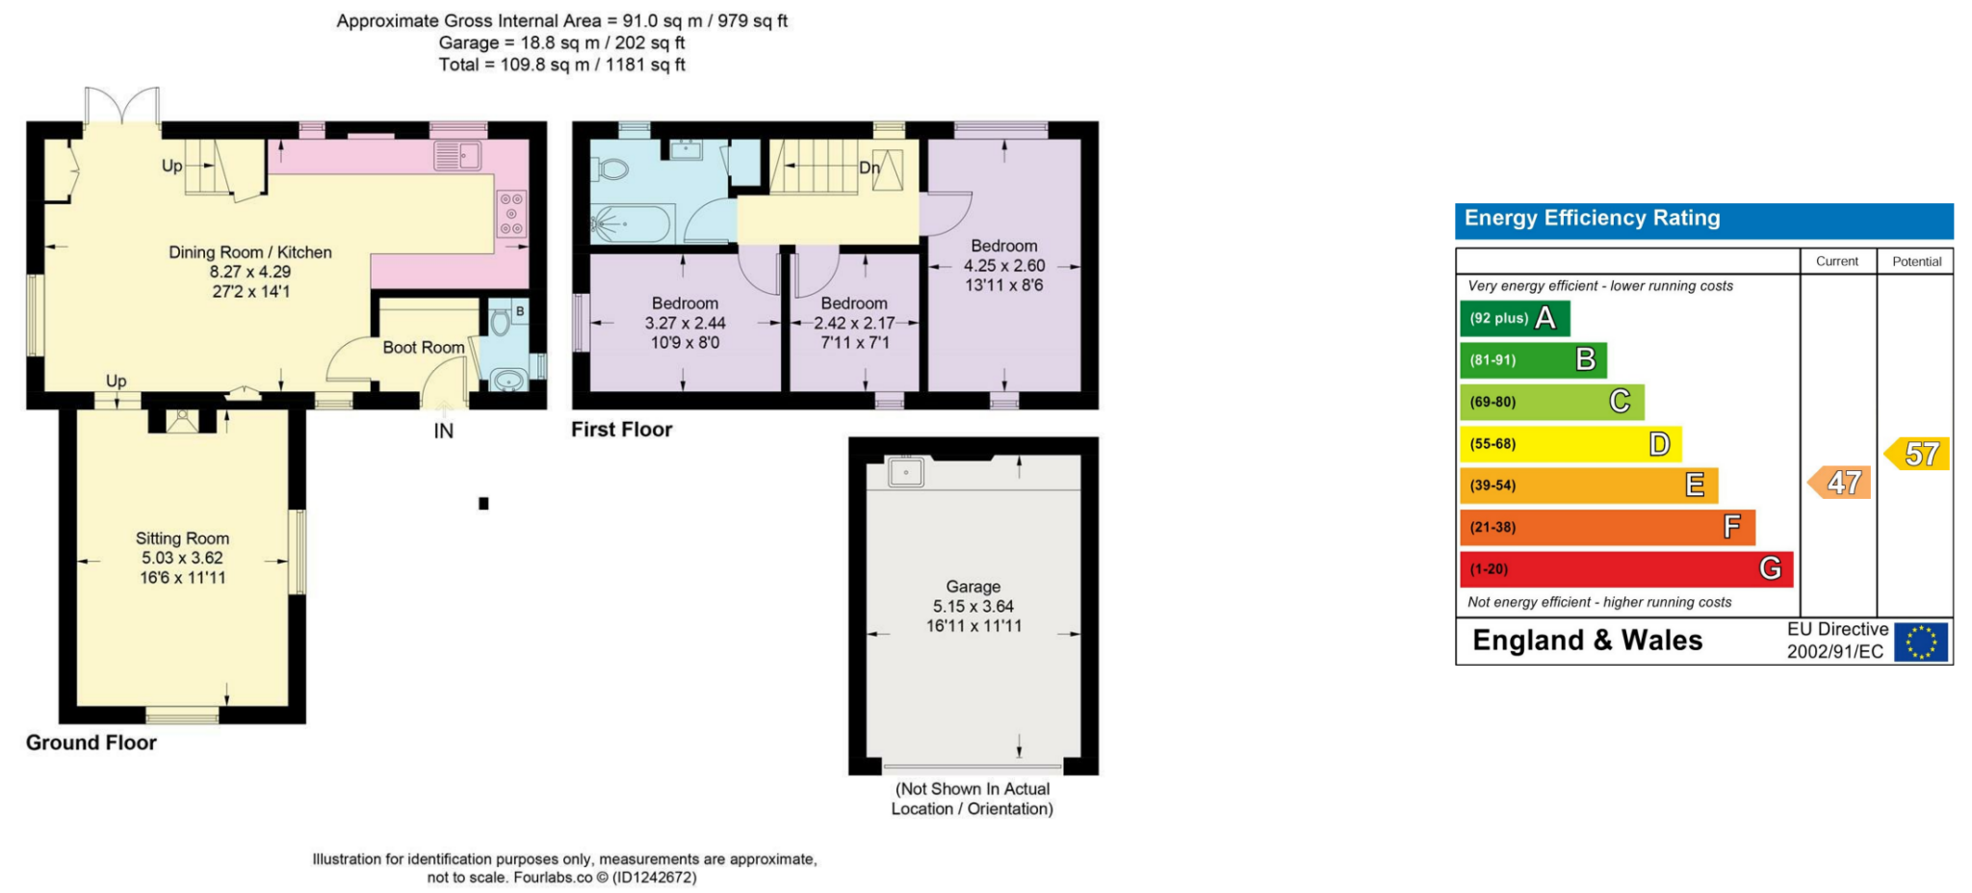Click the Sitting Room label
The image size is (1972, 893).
click(x=182, y=538)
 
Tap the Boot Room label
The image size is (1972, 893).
click(x=424, y=348)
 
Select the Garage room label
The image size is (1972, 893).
click(x=973, y=587)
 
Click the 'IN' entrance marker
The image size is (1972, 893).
click(x=443, y=432)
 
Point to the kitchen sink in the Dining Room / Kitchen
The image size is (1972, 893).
click(x=457, y=154)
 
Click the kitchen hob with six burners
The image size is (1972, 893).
click(x=511, y=214)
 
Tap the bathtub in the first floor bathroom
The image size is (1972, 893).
click(x=632, y=223)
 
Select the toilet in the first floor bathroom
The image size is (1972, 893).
click(x=610, y=171)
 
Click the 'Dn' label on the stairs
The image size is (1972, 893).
click(x=869, y=168)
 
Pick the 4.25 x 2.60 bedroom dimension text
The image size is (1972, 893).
click(x=1004, y=266)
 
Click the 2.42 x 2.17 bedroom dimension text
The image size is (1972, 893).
click(x=854, y=324)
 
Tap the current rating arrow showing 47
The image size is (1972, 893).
click(x=1839, y=483)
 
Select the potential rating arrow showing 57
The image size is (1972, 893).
click(x=1917, y=454)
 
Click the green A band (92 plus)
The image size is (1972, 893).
click(x=1515, y=318)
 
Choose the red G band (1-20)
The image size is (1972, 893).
click(x=1626, y=568)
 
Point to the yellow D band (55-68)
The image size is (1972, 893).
click(x=1570, y=444)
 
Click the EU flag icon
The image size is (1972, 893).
click(x=1921, y=642)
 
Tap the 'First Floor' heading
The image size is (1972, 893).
click(x=622, y=430)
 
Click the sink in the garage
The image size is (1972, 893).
click(x=906, y=473)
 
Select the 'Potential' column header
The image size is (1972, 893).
click(x=1917, y=261)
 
